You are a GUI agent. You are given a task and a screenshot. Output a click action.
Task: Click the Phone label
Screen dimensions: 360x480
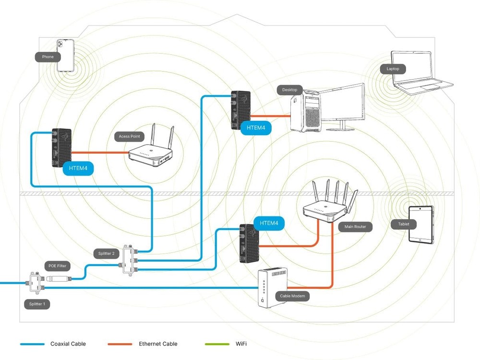click(x=48, y=57)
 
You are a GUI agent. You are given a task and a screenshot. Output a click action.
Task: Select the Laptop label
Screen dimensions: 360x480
click(x=393, y=69)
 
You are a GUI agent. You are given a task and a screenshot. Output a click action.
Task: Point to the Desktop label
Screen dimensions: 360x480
click(x=289, y=90)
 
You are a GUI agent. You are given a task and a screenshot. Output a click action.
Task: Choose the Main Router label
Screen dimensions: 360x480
click(x=355, y=227)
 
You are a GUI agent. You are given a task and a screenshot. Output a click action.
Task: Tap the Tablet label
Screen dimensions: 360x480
click(x=404, y=224)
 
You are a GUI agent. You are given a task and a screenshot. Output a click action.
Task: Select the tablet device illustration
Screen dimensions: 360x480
click(x=421, y=224)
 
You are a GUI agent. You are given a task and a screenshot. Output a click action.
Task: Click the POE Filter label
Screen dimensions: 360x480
click(x=58, y=266)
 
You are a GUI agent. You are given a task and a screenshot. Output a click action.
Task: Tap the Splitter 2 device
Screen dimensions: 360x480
click(x=129, y=259)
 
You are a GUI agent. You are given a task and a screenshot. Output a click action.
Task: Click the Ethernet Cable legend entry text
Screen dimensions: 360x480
click(x=158, y=344)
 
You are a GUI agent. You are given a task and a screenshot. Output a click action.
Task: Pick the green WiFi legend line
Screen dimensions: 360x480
click(x=217, y=344)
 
